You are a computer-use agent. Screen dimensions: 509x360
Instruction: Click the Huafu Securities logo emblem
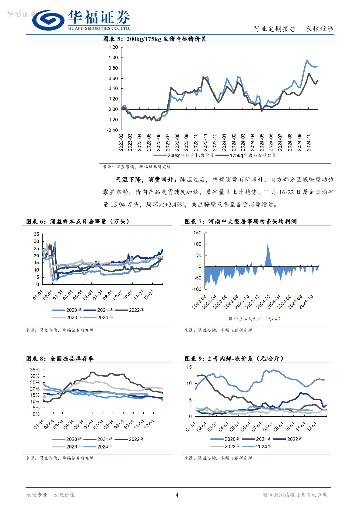tap(48, 21)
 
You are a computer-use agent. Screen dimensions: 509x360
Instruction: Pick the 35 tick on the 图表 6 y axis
tap(36, 234)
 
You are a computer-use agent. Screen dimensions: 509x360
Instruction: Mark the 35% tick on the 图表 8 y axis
tap(34, 370)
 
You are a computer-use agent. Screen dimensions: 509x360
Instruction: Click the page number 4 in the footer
tap(177, 494)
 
